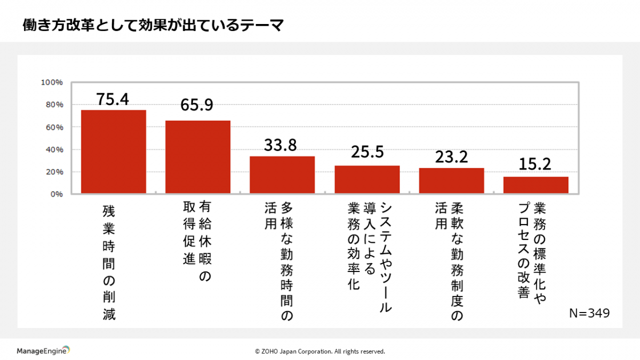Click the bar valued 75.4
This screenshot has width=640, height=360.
click(x=113, y=151)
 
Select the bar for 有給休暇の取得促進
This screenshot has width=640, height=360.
click(x=197, y=157)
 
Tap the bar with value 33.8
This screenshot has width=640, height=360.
click(x=282, y=174)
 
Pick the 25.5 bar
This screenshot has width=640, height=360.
click(x=367, y=179)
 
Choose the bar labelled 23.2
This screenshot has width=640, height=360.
click(x=451, y=180)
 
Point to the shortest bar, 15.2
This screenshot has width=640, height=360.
click(x=535, y=185)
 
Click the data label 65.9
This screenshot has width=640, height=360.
click(x=197, y=105)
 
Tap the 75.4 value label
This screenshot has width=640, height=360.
click(x=113, y=99)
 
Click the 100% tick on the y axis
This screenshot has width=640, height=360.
click(x=52, y=83)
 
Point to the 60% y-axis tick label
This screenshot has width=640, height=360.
click(x=54, y=127)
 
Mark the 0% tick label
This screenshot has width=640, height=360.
click(x=56, y=194)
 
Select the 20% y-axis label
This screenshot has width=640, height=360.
click(x=54, y=172)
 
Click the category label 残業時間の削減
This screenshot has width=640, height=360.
click(x=109, y=262)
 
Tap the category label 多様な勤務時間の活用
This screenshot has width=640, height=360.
click(x=279, y=261)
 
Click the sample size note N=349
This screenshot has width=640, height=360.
click(x=589, y=313)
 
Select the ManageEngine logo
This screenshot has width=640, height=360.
click(x=43, y=350)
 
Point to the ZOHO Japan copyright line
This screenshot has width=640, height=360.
click(x=319, y=351)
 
